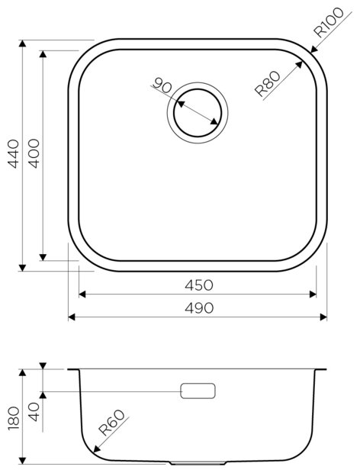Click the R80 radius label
pyautogui.click(x=268, y=84)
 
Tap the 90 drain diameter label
pyautogui.click(x=162, y=85)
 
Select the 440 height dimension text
pyautogui.click(x=14, y=154)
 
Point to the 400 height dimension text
pyautogui.click(x=34, y=153)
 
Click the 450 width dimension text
pyautogui.click(x=199, y=285)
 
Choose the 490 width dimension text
pyautogui.click(x=199, y=308)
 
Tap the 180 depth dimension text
pyautogui.click(x=14, y=418)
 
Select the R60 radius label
pyautogui.click(x=112, y=423)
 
